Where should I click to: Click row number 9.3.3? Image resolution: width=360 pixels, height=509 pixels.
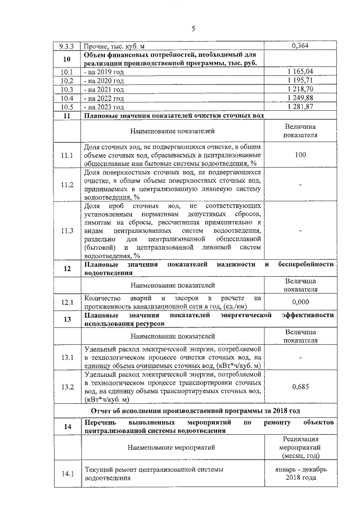tap(67, 47)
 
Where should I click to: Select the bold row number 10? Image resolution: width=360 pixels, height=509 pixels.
tap(67, 60)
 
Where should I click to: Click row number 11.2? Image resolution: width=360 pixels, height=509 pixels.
tap(67, 184)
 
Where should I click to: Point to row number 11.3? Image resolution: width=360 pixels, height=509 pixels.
tap(67, 231)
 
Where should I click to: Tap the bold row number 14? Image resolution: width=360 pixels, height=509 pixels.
tap(67, 426)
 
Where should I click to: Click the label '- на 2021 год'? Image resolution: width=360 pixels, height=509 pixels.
tap(103, 89)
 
